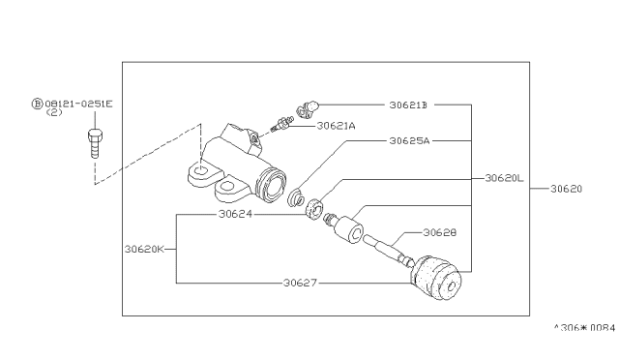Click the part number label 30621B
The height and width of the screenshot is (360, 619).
(408, 105)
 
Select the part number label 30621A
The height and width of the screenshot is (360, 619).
(336, 126)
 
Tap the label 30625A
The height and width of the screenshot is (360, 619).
(409, 140)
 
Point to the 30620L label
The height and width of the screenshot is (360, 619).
(504, 178)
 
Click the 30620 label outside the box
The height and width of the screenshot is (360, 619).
(566, 189)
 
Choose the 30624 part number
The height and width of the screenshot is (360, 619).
(235, 214)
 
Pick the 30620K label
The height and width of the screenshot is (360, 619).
(144, 249)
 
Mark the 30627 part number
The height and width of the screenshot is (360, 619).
(300, 283)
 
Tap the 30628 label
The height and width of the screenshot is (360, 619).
(440, 232)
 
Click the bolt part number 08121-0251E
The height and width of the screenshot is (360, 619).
(78, 104)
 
